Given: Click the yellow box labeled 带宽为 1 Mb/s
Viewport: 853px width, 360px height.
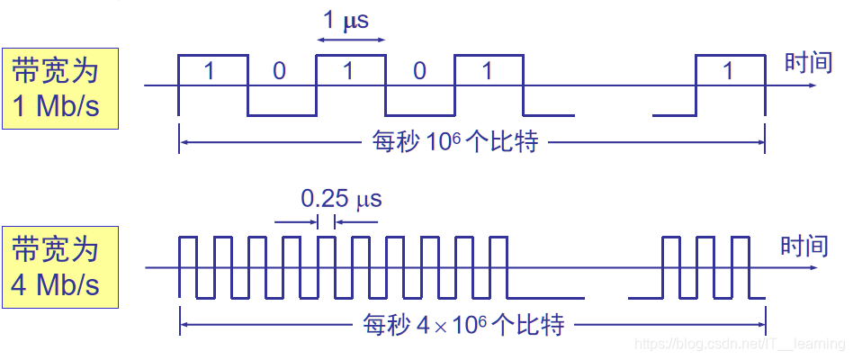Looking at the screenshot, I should [59, 88].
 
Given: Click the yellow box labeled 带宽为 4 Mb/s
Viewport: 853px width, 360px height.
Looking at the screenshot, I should [59, 267].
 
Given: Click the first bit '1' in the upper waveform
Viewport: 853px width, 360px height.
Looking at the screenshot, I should [210, 71].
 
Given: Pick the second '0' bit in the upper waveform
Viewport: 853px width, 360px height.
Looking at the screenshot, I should [418, 71].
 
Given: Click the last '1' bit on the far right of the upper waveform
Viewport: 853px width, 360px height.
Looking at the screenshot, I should [729, 71].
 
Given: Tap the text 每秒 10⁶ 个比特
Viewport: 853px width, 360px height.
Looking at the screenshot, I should [455, 141].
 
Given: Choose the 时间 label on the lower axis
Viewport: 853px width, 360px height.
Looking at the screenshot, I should [804, 245].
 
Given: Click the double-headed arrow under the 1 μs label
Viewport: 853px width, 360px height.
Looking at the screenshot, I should [351, 40].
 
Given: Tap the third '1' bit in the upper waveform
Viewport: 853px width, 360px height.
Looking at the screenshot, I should [487, 71].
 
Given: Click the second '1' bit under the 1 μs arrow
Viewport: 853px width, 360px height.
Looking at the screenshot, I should [350, 71].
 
